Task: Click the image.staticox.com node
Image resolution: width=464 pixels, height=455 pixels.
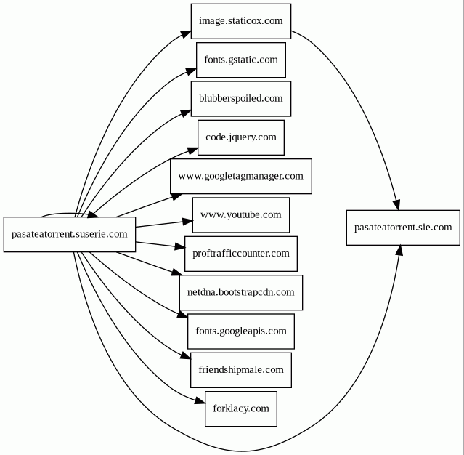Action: pos(240,21)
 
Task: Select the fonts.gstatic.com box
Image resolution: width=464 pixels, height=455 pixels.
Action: pos(240,60)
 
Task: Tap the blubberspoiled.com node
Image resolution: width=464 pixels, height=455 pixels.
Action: pos(240,98)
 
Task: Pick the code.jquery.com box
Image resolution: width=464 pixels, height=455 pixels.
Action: pos(240,137)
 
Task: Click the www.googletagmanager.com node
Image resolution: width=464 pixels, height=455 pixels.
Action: pos(240,176)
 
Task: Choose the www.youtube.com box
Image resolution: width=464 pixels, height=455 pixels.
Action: pos(240,214)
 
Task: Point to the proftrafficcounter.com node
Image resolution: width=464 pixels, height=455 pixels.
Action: pos(240,254)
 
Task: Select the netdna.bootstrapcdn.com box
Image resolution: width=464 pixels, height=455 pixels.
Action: pos(240,292)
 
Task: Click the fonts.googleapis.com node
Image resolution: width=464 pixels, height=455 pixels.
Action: pos(240,331)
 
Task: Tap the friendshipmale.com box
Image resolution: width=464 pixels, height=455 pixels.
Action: pos(240,370)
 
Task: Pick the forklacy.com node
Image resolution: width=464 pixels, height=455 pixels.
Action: pos(240,408)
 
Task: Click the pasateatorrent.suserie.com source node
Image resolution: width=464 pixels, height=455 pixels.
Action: pos(70,234)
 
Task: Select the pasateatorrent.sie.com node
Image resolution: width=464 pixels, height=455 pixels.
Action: pos(403,227)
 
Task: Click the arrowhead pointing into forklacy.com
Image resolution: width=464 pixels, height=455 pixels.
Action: pos(200,400)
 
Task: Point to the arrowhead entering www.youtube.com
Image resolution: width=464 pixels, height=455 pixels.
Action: pos(187,220)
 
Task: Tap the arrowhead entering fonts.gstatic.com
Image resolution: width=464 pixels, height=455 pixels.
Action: pos(191,71)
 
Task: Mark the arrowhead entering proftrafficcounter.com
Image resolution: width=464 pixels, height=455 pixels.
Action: pos(179,247)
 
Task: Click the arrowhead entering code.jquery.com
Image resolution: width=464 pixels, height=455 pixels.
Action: pos(192,150)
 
